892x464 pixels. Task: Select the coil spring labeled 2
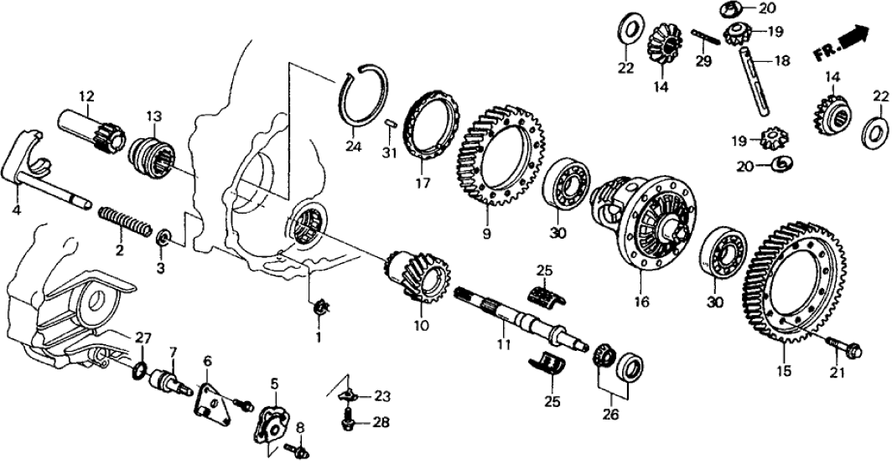125,222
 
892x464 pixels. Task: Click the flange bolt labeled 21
842,347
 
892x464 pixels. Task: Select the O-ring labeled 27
138,369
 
